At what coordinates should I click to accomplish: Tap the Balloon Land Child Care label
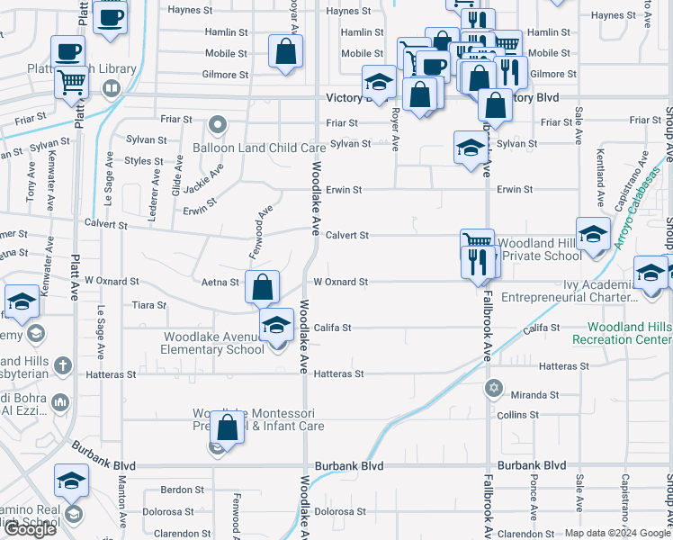258,148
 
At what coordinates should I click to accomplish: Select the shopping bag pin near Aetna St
262,288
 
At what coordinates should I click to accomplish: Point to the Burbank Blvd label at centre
349,466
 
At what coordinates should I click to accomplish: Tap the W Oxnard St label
340,282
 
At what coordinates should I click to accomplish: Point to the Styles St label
144,161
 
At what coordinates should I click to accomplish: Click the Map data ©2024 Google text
617,533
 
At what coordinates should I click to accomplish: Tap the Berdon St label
183,490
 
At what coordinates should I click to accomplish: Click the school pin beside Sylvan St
471,148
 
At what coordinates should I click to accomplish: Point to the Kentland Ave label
598,186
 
